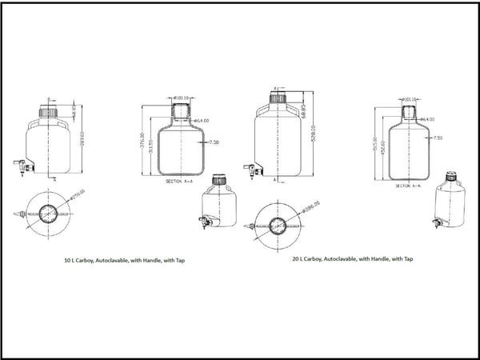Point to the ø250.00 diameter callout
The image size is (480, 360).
click(x=78, y=194)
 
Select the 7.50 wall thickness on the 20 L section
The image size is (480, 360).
click(x=437, y=138)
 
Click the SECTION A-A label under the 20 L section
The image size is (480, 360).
click(x=410, y=186)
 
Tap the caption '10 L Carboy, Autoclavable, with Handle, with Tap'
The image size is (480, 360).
click(x=124, y=261)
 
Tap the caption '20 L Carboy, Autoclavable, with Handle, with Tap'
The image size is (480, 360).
click(x=353, y=259)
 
